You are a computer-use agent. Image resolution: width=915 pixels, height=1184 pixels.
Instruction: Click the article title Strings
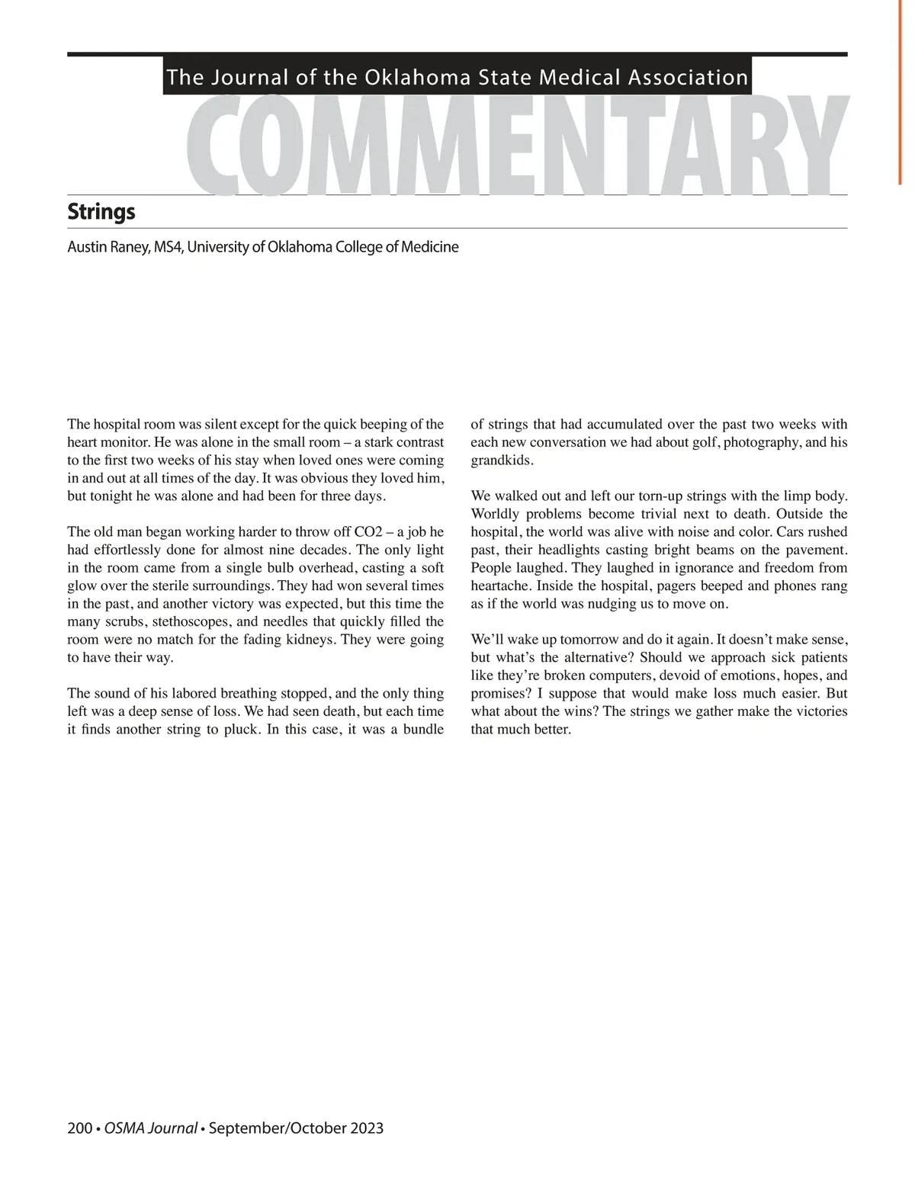101,211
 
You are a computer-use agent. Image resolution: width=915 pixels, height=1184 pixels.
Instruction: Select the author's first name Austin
86,247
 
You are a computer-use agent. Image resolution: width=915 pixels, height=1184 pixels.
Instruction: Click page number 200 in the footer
79,1128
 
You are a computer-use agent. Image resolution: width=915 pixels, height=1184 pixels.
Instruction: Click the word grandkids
501,461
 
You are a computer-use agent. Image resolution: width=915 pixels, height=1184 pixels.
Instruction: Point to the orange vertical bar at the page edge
901,91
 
